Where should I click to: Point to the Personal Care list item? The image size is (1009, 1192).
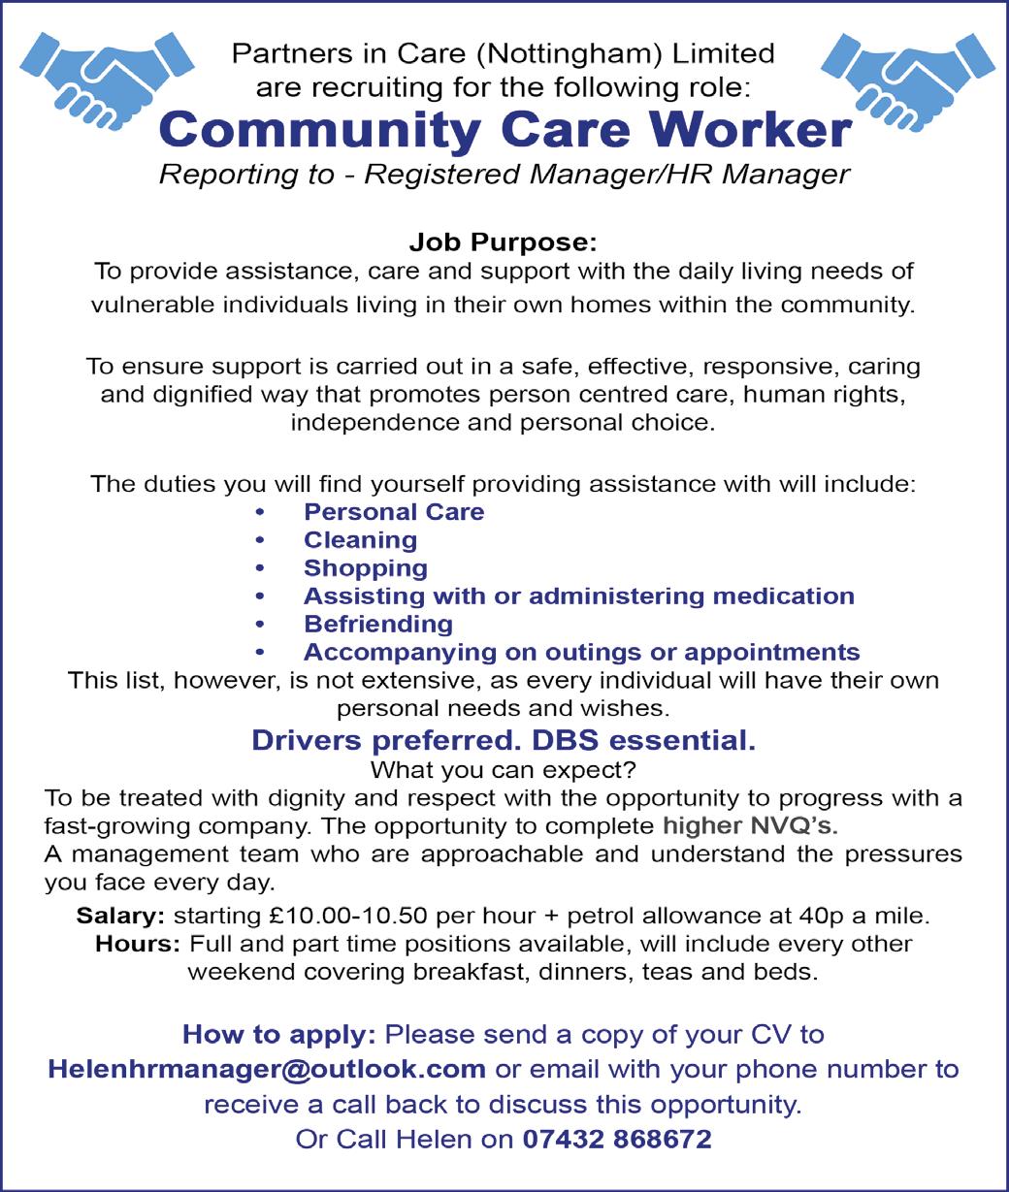point(394,511)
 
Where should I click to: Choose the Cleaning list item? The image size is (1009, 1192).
point(360,539)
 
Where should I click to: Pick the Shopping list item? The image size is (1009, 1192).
point(366,567)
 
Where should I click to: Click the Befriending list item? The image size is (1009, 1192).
point(378,624)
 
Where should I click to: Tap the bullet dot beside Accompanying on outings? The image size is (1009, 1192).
point(258,652)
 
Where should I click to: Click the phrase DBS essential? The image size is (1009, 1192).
point(642,741)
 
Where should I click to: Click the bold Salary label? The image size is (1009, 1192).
point(120,915)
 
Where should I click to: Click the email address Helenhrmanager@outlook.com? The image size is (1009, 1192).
point(267,1069)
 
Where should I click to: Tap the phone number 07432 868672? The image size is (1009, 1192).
point(616,1139)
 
